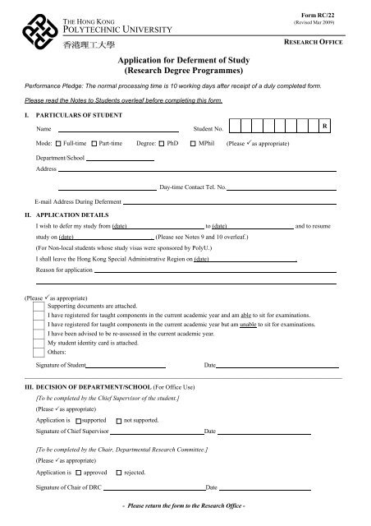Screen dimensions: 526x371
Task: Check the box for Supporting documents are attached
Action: click(x=39, y=305)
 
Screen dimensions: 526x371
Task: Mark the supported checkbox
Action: click(x=78, y=420)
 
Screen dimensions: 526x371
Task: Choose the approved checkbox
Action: click(x=78, y=473)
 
